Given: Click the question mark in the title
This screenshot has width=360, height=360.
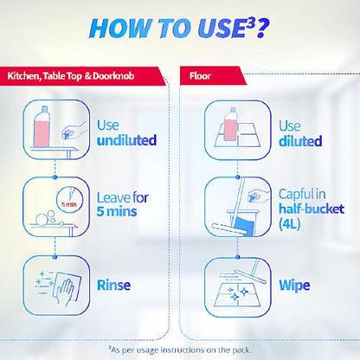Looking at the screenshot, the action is pyautogui.click(x=262, y=29).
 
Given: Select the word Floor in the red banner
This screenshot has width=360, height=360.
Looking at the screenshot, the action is pyautogui.click(x=200, y=76).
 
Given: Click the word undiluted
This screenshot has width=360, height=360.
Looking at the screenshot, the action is pyautogui.click(x=127, y=140).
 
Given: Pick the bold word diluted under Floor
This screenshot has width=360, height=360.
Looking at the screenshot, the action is pyautogui.click(x=300, y=141).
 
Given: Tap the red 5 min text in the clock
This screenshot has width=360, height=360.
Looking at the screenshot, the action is pyautogui.click(x=68, y=204).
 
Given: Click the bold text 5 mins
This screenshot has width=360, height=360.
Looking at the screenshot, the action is pyautogui.click(x=117, y=211).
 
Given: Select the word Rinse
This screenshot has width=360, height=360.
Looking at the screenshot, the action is pyautogui.click(x=113, y=286).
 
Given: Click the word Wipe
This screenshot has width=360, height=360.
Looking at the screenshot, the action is pyautogui.click(x=294, y=286).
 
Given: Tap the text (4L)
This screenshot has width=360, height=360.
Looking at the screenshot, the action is pyautogui.click(x=290, y=224).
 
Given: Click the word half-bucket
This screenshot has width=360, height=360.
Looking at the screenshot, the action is pyautogui.click(x=312, y=209).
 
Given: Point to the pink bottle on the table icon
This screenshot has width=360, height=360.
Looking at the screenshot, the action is pyautogui.click(x=42, y=126).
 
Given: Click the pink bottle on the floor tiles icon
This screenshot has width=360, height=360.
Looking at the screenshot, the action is pyautogui.click(x=230, y=124).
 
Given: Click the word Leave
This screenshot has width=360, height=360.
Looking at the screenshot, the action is pyautogui.click(x=113, y=198).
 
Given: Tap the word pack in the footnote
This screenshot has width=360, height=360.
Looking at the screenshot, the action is pyautogui.click(x=241, y=350).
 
